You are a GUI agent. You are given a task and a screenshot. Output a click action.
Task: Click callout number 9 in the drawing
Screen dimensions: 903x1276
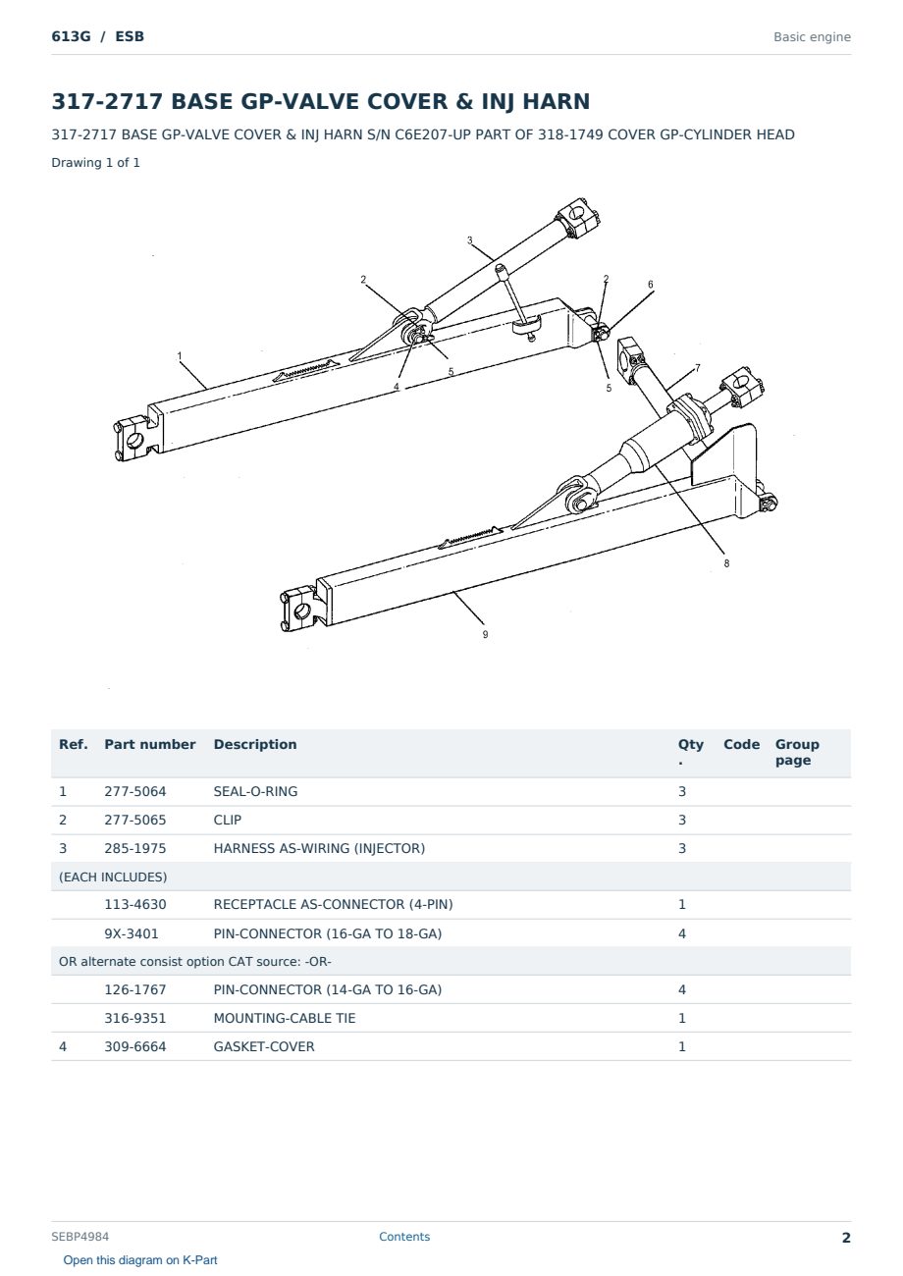(x=485, y=634)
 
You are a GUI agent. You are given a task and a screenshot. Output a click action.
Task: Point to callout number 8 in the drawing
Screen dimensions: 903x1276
(x=726, y=563)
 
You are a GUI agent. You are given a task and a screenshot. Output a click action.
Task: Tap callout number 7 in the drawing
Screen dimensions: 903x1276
(x=698, y=368)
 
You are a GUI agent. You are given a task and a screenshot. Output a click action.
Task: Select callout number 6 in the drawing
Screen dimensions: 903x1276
(x=651, y=285)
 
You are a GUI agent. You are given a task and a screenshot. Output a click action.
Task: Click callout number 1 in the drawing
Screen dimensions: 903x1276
(x=180, y=356)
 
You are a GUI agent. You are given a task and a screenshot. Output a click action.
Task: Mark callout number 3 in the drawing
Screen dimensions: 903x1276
(x=470, y=240)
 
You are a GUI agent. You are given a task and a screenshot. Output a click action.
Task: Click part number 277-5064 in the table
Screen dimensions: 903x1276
(x=135, y=791)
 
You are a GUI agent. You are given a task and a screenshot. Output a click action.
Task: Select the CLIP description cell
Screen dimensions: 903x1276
(x=228, y=820)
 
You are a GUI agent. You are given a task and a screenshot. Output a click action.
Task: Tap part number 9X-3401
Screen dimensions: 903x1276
(x=132, y=933)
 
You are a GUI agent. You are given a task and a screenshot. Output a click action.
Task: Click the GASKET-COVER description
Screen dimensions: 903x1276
(x=264, y=1046)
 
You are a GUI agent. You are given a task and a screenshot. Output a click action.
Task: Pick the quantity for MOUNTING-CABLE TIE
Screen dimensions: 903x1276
(x=682, y=1018)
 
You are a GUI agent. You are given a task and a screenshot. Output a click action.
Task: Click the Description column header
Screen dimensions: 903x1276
(x=255, y=744)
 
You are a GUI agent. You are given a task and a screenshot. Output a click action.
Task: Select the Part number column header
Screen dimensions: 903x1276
(x=150, y=744)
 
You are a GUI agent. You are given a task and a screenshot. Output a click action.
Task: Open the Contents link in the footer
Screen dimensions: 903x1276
(x=404, y=1237)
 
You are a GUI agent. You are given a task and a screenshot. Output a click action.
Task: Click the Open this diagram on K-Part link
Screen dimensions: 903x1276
(x=140, y=1260)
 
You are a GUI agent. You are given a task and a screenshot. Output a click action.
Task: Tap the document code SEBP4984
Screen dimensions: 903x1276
(x=80, y=1237)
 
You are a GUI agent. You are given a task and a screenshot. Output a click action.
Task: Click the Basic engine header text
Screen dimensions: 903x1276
(x=812, y=37)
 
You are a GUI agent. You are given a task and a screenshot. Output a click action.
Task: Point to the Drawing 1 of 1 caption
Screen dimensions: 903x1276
(x=96, y=162)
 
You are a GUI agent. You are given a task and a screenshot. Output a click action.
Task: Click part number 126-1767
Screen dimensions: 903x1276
(x=135, y=989)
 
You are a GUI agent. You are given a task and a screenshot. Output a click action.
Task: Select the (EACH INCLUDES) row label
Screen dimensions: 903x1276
(x=113, y=877)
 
